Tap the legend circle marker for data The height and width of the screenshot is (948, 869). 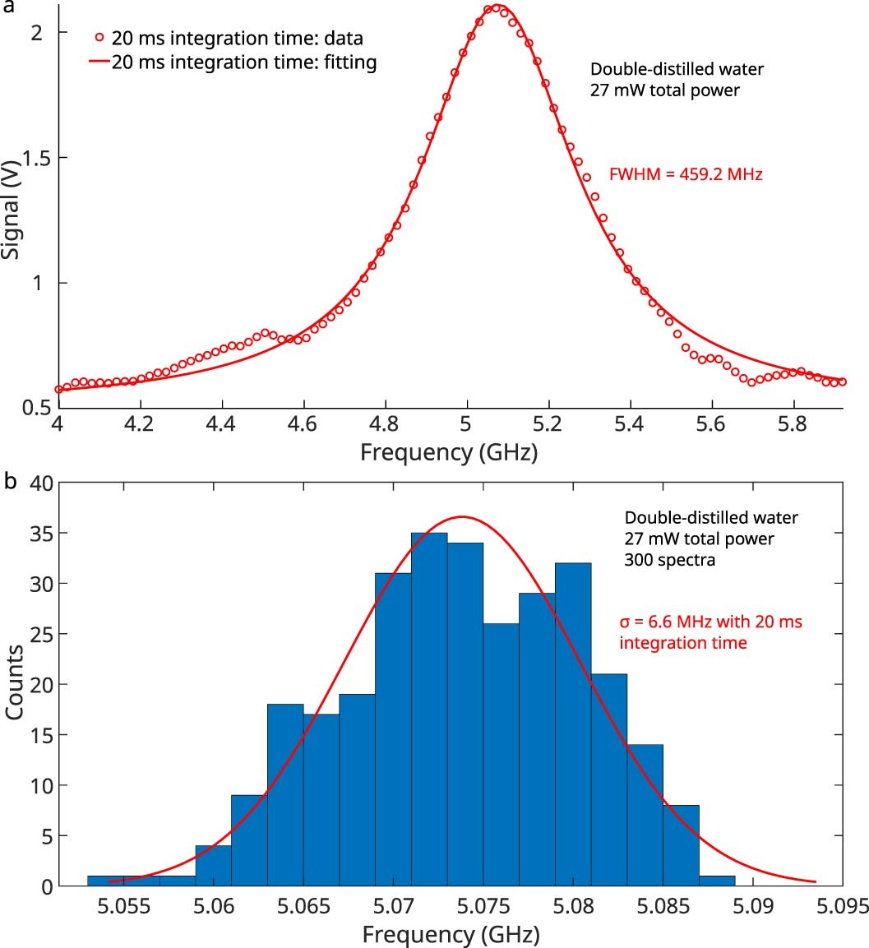(100, 37)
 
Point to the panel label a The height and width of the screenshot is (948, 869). (8, 7)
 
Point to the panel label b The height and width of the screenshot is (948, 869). (9, 481)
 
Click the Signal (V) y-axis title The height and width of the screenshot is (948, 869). (12, 212)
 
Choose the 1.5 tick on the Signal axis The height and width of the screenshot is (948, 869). (35, 158)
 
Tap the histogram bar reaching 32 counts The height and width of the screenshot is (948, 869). (573, 724)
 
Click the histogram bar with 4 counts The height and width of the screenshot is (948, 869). (213, 866)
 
